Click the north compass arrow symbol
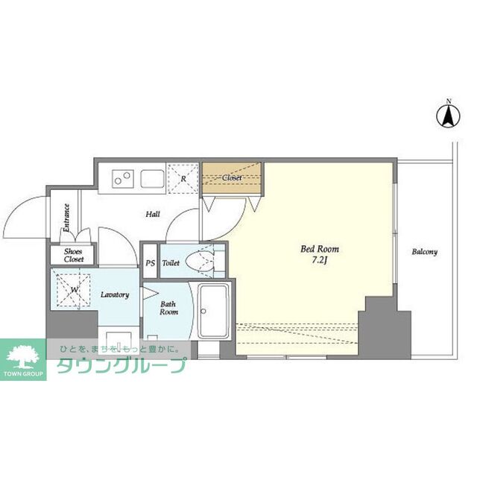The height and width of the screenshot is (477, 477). point(449,116)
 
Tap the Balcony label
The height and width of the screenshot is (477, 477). point(424,252)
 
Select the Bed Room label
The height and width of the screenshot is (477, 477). point(320,249)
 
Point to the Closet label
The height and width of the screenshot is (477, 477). point(232,177)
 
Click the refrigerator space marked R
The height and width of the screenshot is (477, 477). point(183,179)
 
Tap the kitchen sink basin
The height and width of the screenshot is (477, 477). point(152,179)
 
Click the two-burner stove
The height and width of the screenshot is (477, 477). point(123,179)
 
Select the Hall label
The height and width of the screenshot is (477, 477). point(153,214)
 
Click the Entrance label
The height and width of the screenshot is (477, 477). point(66,218)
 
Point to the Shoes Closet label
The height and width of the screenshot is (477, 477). point(74,256)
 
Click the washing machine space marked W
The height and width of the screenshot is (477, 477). point(74,290)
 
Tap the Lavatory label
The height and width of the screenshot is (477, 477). point(115,294)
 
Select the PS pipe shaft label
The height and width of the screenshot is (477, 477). point(150,263)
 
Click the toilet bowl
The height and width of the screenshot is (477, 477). point(200,262)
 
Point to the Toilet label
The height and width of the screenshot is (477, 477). point(171,263)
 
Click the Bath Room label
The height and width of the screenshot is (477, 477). point(168,308)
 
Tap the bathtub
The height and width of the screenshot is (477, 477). point(213,310)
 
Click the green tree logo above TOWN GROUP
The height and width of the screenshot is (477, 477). point(23,356)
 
